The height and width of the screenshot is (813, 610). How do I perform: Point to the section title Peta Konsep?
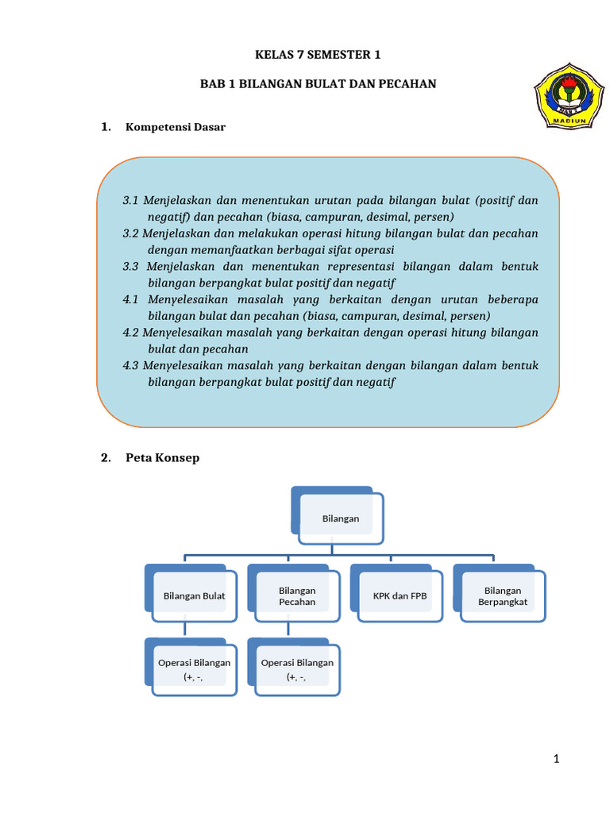point(162,457)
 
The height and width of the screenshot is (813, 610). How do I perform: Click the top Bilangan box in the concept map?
point(341,518)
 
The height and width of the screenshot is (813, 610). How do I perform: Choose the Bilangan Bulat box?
point(194,595)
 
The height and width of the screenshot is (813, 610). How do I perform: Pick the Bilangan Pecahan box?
point(297,595)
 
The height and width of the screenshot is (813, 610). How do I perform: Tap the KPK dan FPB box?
point(400,595)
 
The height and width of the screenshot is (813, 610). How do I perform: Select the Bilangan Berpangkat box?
point(502,595)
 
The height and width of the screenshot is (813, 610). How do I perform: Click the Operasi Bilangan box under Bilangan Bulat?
point(194,669)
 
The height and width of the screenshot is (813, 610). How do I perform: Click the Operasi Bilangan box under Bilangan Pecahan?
point(297,669)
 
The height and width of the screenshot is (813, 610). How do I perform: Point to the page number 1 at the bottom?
point(557,760)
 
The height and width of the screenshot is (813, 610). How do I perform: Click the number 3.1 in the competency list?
point(131,200)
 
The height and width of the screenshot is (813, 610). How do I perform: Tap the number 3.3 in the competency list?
point(131,266)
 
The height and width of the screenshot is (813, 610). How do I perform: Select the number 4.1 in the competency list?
point(131,299)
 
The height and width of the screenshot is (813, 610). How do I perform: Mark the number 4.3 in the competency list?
point(131,365)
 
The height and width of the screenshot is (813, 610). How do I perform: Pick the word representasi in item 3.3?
point(353,266)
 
